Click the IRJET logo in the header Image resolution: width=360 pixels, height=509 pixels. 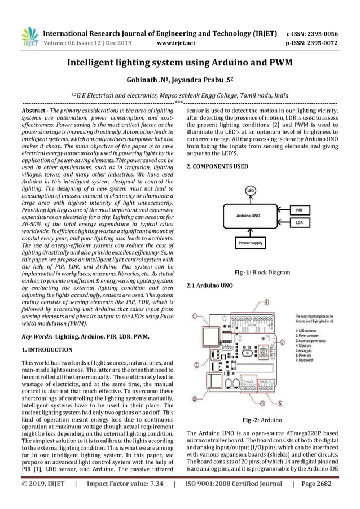coord(29,35)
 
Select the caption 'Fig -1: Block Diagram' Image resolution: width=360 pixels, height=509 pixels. coord(262,273)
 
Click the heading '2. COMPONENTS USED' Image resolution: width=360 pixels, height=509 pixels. coord(217,167)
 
